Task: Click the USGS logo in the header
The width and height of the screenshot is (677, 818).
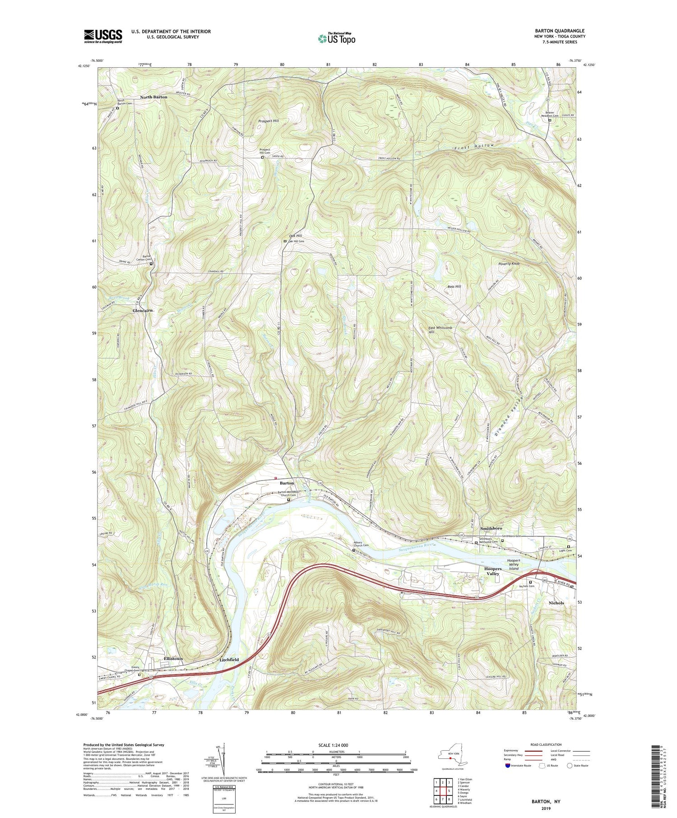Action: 103,36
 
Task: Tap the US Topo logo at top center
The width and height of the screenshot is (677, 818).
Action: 336,39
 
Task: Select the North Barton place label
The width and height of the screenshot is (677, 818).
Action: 153,97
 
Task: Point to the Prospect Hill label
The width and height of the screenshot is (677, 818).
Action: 269,121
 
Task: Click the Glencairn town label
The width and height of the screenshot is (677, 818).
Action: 143,311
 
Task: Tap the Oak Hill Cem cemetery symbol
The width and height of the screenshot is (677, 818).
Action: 285,241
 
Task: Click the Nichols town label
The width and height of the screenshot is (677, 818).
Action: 556,603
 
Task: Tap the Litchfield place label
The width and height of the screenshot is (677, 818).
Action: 229,660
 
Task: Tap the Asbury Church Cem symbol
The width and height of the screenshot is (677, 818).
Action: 353,550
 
